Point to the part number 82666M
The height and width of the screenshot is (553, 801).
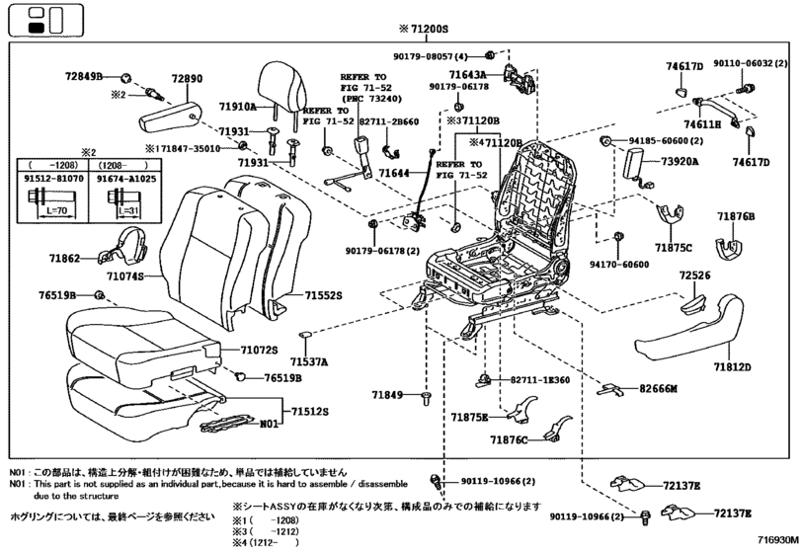pyautogui.click(x=658, y=390)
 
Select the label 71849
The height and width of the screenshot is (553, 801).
pyautogui.click(x=388, y=395)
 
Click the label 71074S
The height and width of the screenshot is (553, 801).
pyautogui.click(x=125, y=277)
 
